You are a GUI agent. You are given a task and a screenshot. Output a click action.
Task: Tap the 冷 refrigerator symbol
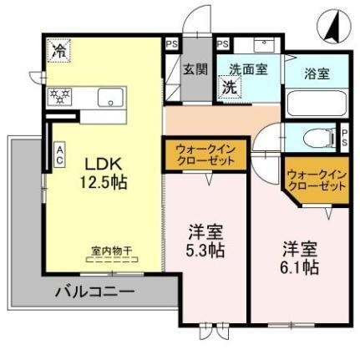click(x=59, y=51)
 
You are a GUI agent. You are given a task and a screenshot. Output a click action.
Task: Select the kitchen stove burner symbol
click(x=59, y=95)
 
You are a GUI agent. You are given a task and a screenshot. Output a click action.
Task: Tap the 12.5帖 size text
click(x=104, y=181)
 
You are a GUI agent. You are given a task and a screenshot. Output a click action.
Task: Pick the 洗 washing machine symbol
click(x=227, y=85)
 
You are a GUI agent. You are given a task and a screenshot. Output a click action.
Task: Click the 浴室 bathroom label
click(x=316, y=73)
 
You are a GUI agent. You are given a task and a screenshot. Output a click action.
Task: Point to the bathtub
click(x=317, y=105)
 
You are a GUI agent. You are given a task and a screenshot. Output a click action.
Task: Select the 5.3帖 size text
click(x=205, y=250)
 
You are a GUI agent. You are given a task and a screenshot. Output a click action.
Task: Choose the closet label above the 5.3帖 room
click(x=205, y=153)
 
